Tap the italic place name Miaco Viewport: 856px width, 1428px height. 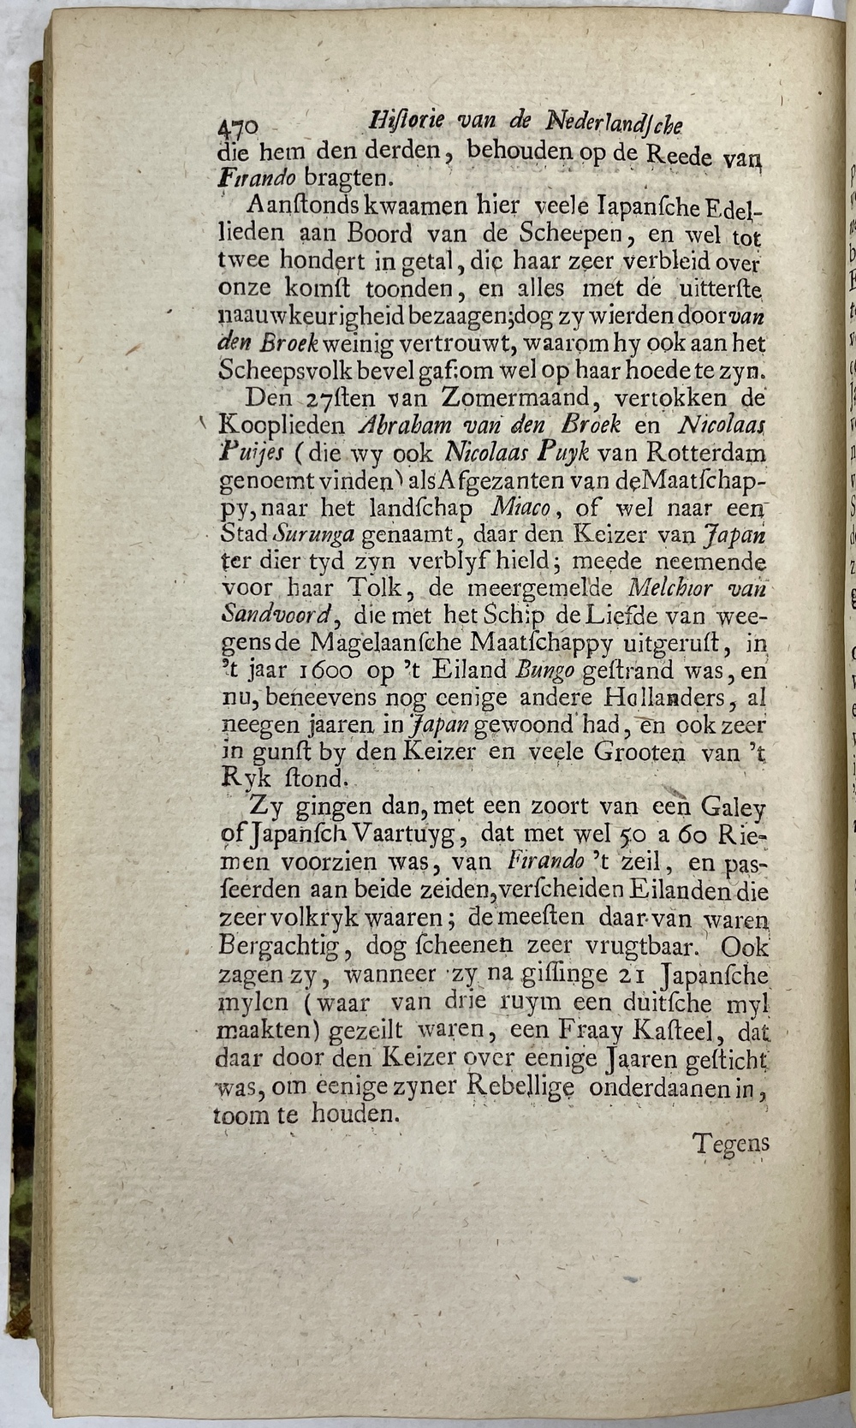520,508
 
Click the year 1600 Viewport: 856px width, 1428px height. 333,669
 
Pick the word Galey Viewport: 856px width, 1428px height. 734,808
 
